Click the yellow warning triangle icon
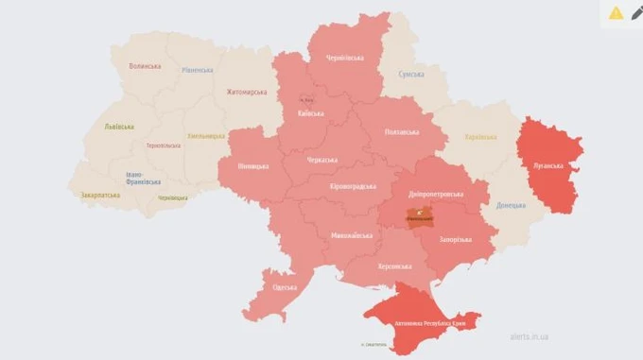tap(616, 12)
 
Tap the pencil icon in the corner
tap(637, 12)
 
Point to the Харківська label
tap(479, 137)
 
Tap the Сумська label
tap(410, 74)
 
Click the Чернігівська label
tap(344, 57)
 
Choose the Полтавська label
tap(404, 132)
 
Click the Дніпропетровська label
tap(434, 192)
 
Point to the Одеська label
tap(283, 287)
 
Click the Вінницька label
tap(252, 167)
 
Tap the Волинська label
tap(145, 66)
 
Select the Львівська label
tap(118, 127)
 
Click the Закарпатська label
tap(99, 195)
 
